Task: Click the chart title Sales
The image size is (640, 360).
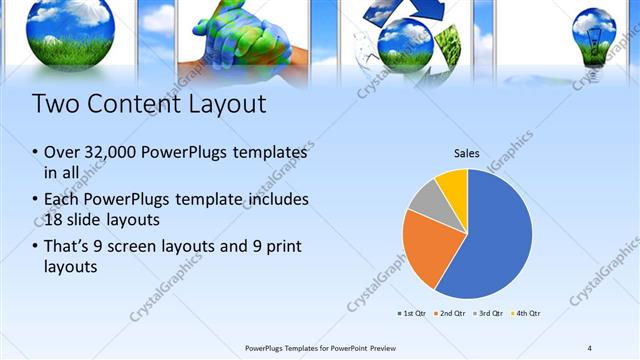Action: click(467, 154)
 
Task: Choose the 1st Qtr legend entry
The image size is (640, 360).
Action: click(413, 314)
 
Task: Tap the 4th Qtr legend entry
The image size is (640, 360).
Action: click(528, 314)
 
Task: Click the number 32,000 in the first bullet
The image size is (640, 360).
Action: click(111, 152)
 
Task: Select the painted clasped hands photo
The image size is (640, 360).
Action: click(241, 40)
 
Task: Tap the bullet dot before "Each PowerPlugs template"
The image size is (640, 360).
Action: click(35, 198)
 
